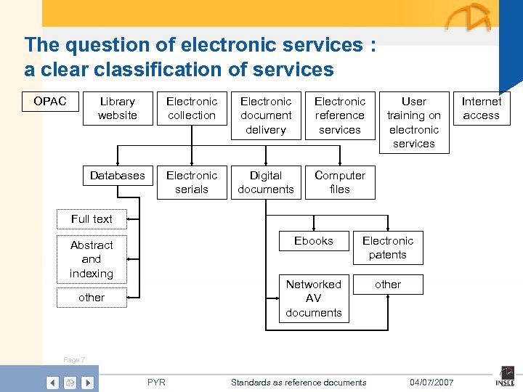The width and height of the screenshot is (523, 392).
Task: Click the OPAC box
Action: (49, 102)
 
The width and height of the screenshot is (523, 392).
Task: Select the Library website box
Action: (117, 108)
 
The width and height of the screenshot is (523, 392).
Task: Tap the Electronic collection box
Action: (192, 108)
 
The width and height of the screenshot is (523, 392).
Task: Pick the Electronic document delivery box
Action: (266, 115)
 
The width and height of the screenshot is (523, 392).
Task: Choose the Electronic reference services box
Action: (340, 115)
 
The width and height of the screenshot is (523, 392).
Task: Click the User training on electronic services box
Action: (414, 122)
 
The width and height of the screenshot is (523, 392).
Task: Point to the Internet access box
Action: (481, 108)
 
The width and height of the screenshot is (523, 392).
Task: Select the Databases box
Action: (117, 176)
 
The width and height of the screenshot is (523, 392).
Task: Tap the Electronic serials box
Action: (192, 182)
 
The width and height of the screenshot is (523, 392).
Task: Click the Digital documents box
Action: (266, 182)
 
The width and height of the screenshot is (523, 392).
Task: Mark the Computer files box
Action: (340, 182)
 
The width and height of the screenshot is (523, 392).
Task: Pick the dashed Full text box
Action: (92, 219)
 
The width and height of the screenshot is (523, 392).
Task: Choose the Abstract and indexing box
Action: (92, 259)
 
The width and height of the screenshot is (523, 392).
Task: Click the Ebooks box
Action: (314, 241)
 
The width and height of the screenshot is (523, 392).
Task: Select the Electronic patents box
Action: (388, 248)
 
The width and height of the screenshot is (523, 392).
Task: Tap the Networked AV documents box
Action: (314, 298)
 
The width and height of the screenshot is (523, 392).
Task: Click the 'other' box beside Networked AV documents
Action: (388, 285)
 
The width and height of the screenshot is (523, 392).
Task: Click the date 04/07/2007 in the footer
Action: (431, 383)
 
